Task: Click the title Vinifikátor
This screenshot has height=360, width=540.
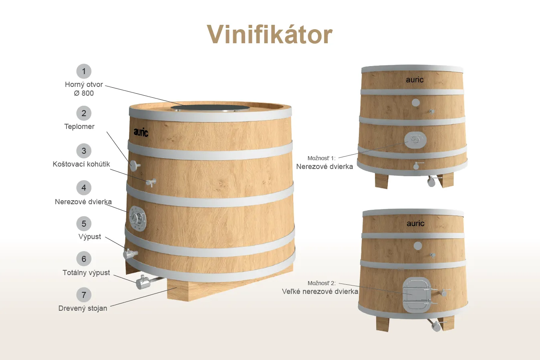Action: pyautogui.click(x=270, y=34)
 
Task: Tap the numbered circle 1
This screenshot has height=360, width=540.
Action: pyautogui.click(x=84, y=71)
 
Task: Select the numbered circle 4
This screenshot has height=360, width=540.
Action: pyautogui.click(x=84, y=187)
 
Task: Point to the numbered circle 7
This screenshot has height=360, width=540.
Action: pyautogui.click(x=84, y=295)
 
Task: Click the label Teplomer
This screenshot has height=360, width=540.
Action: pyautogui.click(x=79, y=127)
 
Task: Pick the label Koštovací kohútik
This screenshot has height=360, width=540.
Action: pyautogui.click(x=81, y=164)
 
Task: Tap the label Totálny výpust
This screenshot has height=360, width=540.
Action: pyautogui.click(x=86, y=273)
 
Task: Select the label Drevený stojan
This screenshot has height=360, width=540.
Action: pyautogui.click(x=83, y=308)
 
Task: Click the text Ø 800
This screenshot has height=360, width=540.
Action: pyautogui.click(x=84, y=93)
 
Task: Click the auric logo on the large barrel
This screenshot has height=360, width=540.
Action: pyautogui.click(x=141, y=132)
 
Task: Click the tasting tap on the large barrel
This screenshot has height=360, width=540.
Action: pyautogui.click(x=151, y=183)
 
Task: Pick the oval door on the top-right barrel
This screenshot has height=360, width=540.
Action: pyautogui.click(x=415, y=140)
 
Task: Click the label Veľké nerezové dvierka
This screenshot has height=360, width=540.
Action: pyautogui.click(x=320, y=292)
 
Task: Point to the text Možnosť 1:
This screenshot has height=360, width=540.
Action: pyautogui.click(x=321, y=158)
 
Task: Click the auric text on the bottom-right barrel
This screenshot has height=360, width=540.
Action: pyautogui.click(x=415, y=223)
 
